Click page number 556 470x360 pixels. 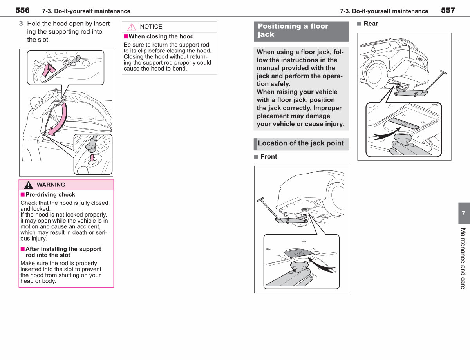coord(22,10)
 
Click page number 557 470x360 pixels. coord(448,10)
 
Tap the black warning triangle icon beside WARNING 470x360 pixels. coord(29,185)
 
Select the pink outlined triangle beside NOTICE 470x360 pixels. coord(132,27)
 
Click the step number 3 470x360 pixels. coord(21,24)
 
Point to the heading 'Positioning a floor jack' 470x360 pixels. coord(293,30)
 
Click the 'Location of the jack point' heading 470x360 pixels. coord(301,143)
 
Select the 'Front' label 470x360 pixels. coord(269,157)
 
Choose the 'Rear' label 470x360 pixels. coord(371,24)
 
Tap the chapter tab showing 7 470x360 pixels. coord(464,213)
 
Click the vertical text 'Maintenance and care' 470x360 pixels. coord(463,259)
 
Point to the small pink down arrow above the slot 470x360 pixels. coord(92,157)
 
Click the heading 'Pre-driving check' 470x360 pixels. coord(50,195)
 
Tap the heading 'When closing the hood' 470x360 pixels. coord(161,36)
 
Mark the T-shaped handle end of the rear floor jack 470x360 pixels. coord(443,72)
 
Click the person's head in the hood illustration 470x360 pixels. coord(36,102)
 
